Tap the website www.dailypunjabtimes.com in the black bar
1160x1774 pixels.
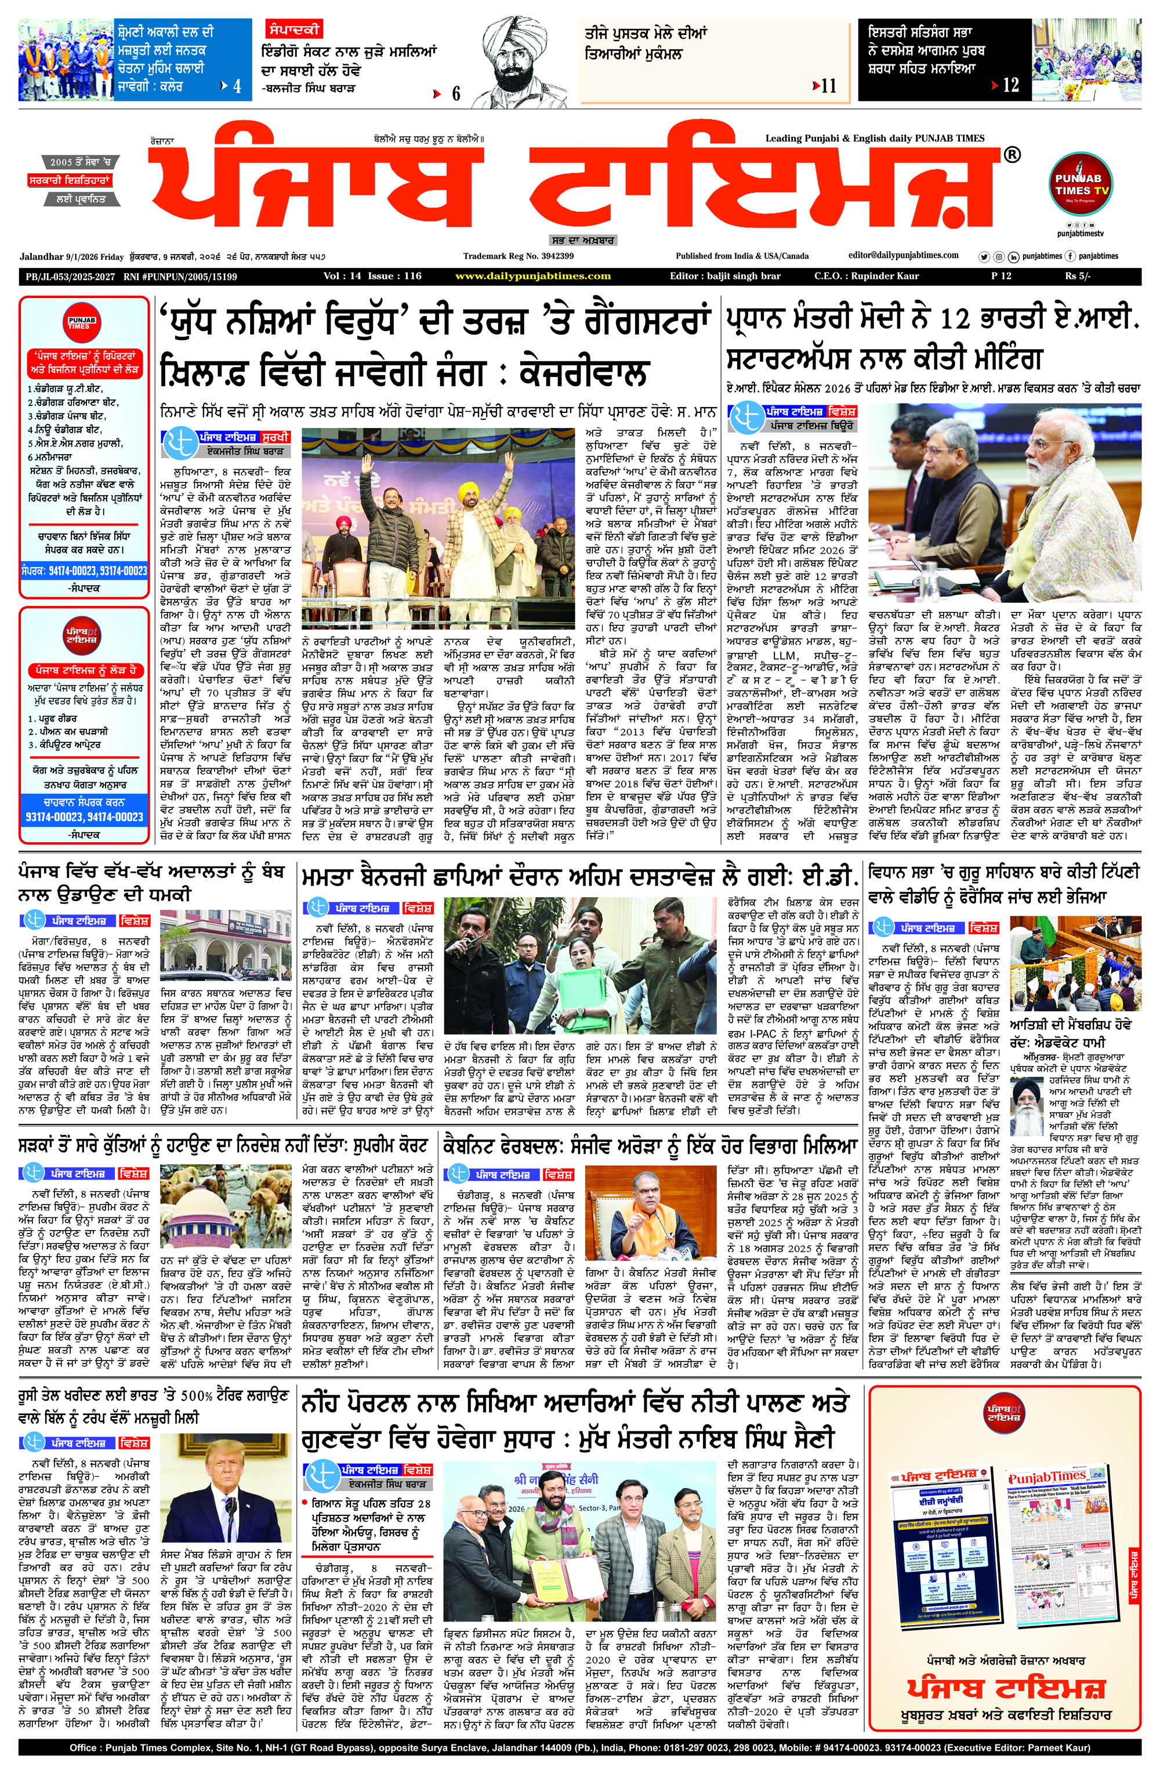coord(532,276)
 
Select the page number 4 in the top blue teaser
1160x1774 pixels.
coord(237,86)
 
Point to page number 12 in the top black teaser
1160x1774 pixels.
coord(1010,86)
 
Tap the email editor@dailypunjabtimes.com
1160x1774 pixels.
coord(903,256)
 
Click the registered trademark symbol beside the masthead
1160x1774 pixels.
coord(1012,155)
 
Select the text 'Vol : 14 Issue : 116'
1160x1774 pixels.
coord(372,276)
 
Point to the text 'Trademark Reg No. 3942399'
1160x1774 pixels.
coord(518,256)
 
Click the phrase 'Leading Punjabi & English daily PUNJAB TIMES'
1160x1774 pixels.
coord(875,138)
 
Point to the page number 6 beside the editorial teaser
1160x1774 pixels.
coord(455,94)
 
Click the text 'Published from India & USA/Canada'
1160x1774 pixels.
coord(742,256)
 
